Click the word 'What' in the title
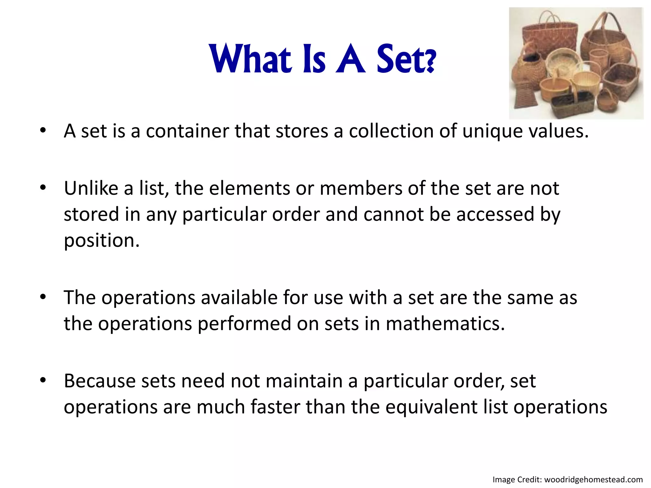point(250,59)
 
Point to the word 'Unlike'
point(91,188)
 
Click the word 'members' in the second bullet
point(361,188)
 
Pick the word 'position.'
point(102,241)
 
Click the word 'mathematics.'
point(445,324)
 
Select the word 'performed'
point(244,324)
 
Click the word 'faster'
point(275,407)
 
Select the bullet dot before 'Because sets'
point(43,380)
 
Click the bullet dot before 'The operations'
point(43,297)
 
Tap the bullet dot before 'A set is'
point(43,130)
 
